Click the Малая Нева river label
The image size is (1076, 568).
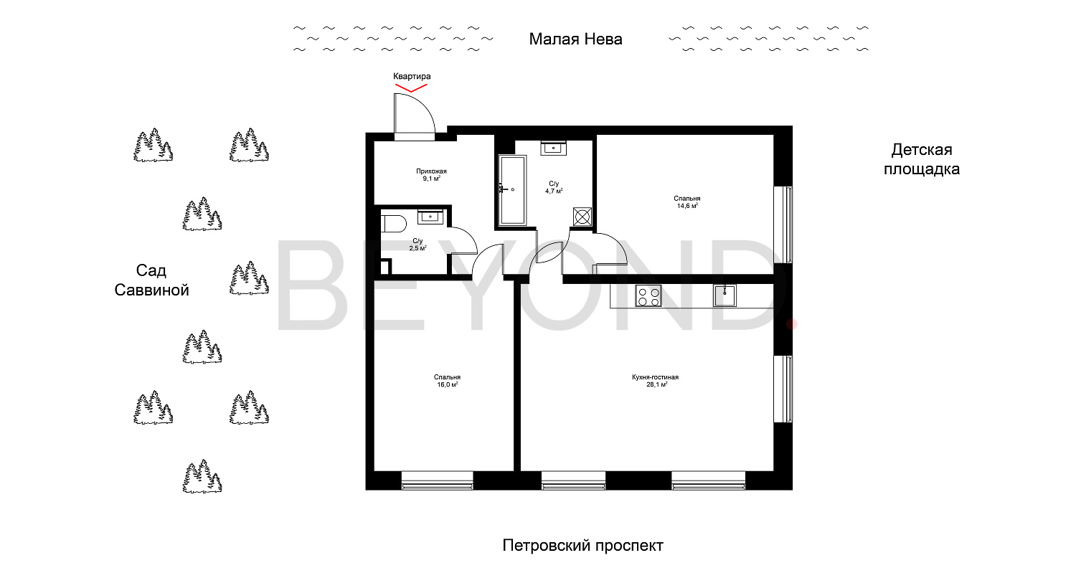point(575,39)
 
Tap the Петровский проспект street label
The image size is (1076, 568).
point(582,546)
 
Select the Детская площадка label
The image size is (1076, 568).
point(922,159)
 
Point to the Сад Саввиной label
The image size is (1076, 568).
point(151,280)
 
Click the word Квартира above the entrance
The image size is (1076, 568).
point(412,76)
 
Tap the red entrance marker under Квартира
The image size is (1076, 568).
point(411,88)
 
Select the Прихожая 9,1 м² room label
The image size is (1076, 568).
point(431,175)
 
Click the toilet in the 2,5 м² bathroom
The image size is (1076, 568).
point(394,224)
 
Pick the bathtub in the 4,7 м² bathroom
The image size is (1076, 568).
point(513,190)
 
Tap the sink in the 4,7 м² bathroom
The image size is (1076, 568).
point(553,148)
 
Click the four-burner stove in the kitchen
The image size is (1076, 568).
point(648,295)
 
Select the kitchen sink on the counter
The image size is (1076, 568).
point(725,295)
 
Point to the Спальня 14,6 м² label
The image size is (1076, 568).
point(687,202)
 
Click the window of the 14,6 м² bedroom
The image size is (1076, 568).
point(783,224)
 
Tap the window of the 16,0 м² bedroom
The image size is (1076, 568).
point(437,480)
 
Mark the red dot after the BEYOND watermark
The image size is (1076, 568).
point(792,325)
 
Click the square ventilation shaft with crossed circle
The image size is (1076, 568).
point(582,217)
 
